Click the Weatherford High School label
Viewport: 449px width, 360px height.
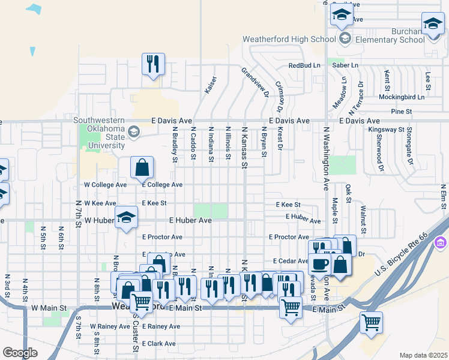[289, 39]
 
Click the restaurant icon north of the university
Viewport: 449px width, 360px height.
[153, 64]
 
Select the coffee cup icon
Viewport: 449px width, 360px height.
[319, 263]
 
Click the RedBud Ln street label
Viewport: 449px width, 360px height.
[304, 65]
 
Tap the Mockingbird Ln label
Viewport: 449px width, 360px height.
[401, 97]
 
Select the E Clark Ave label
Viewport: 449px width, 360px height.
[158, 344]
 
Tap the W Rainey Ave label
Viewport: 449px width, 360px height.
[110, 326]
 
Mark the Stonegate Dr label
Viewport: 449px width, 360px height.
[409, 150]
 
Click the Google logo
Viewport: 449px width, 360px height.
[20, 352]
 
